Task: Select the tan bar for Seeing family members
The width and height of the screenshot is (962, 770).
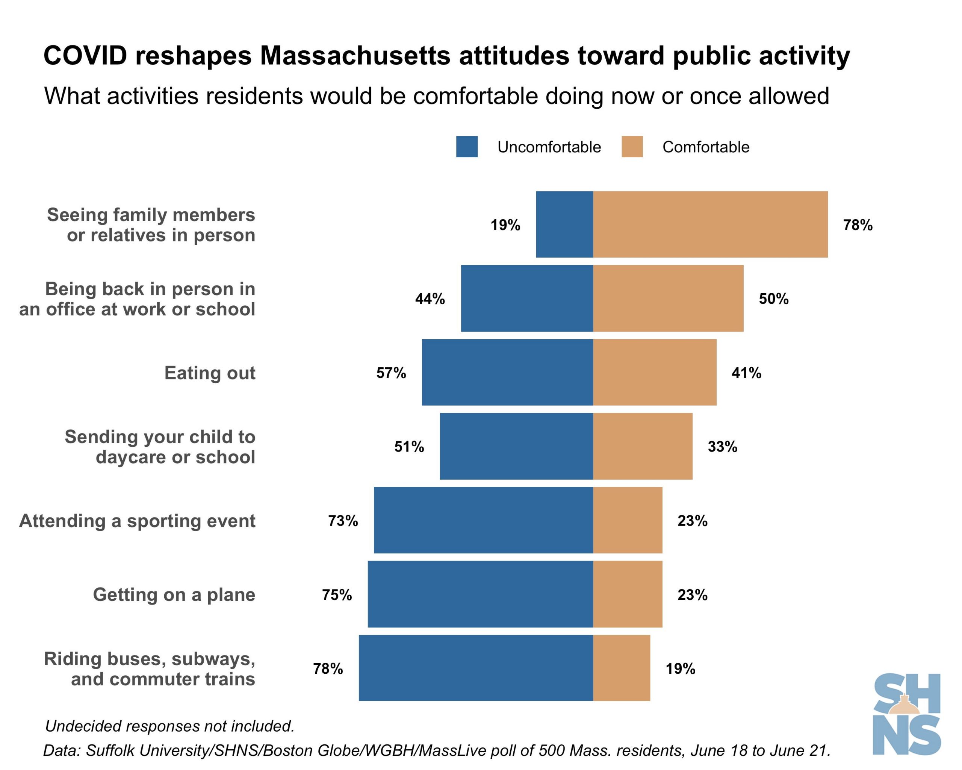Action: click(710, 224)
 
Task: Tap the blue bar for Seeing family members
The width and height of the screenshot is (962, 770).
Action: click(564, 224)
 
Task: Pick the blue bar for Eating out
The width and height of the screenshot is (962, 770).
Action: click(507, 372)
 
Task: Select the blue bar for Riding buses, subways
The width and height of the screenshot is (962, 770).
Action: click(476, 668)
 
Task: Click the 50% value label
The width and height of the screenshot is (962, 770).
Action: click(774, 299)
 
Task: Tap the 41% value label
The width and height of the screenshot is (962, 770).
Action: click(746, 373)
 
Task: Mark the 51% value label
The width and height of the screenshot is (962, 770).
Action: click(409, 446)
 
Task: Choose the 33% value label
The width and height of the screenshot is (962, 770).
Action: click(722, 446)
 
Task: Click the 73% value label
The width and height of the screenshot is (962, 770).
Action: click(343, 520)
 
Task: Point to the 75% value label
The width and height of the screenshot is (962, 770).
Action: click(337, 594)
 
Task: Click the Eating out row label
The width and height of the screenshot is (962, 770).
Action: click(210, 373)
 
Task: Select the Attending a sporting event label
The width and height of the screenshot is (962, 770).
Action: click(137, 520)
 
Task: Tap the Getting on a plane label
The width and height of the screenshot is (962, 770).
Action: click(174, 594)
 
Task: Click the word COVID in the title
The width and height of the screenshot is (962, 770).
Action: click(85, 56)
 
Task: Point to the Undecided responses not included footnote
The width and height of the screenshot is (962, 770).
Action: click(169, 726)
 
